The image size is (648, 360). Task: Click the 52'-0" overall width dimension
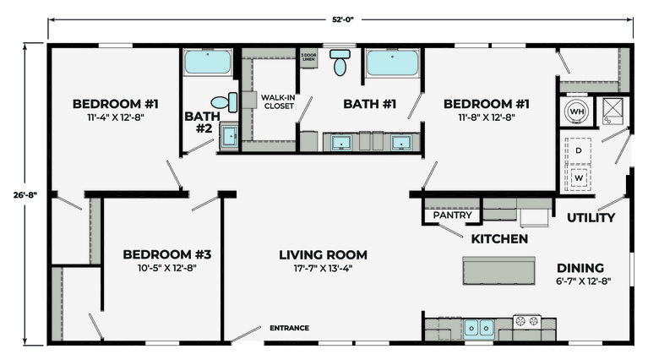343,19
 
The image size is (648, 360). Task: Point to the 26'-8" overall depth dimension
25,194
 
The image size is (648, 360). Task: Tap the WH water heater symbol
576,112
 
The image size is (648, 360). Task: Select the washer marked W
578,178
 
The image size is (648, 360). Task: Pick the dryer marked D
578,150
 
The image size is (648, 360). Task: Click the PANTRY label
452,215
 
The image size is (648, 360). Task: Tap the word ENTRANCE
289,328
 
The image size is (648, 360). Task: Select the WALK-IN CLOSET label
279,101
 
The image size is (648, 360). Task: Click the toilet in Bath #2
225,102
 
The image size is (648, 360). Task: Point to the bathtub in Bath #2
208,62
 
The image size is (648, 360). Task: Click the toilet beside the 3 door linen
340,63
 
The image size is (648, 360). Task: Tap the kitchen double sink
478,328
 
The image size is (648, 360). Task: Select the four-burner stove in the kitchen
526,321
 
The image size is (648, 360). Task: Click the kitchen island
498,270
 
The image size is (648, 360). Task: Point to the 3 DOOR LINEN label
308,57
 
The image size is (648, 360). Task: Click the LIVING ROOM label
324,254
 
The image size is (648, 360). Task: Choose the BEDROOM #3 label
167,254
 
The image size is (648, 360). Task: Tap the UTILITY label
591,217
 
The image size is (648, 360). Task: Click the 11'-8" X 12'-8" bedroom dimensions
487,117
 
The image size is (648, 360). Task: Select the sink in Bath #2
229,135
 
